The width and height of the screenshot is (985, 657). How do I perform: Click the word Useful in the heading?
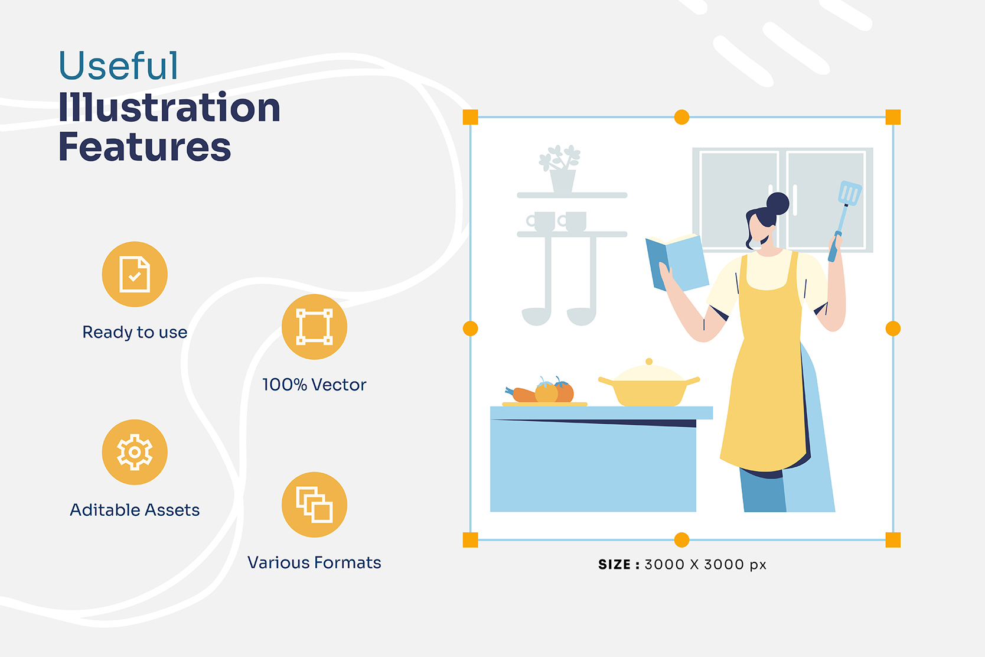[x=118, y=66]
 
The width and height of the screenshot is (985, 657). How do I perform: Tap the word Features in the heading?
[x=144, y=147]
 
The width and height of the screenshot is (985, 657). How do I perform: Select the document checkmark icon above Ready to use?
[x=135, y=274]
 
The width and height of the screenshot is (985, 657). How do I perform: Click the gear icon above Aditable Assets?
[x=135, y=452]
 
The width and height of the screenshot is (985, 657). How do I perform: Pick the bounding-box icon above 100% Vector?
[x=314, y=327]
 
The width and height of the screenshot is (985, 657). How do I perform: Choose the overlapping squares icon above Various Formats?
[x=314, y=505]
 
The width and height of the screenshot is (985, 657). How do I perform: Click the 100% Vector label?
[x=314, y=385]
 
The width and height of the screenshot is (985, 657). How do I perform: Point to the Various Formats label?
[x=314, y=562]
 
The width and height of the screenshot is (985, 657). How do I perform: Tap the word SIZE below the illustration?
[x=614, y=565]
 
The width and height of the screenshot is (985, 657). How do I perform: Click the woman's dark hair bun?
[x=778, y=203]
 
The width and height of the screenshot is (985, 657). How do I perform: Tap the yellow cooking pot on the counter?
[x=649, y=390]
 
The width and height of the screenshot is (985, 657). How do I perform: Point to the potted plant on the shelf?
[x=560, y=169]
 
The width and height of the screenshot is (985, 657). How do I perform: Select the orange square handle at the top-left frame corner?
[x=471, y=117]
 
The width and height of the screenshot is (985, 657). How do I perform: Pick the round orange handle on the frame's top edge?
[x=681, y=117]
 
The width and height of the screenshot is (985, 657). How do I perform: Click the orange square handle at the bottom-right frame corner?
[x=893, y=540]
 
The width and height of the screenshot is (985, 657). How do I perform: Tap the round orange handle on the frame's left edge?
[x=471, y=328]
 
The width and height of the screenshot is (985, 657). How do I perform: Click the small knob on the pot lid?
[x=649, y=362]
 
